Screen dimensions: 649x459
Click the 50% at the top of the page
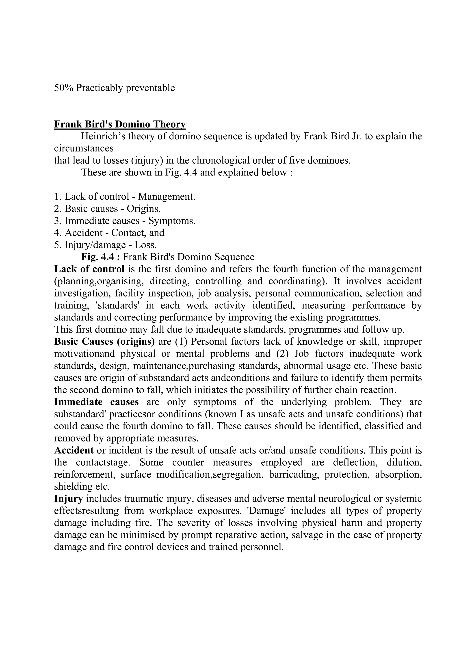(x=64, y=88)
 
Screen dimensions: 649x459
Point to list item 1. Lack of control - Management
(x=125, y=197)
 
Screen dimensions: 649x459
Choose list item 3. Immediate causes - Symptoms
(x=125, y=221)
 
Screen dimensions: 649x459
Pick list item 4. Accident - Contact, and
(x=109, y=233)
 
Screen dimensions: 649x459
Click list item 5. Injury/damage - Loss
(x=105, y=245)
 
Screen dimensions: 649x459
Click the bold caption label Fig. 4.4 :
(x=101, y=257)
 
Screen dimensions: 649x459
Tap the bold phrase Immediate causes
(x=96, y=402)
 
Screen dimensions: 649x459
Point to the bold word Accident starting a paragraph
(x=74, y=450)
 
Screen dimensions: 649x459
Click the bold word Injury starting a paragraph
(x=68, y=499)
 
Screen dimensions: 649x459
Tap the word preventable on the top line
(x=150, y=88)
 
